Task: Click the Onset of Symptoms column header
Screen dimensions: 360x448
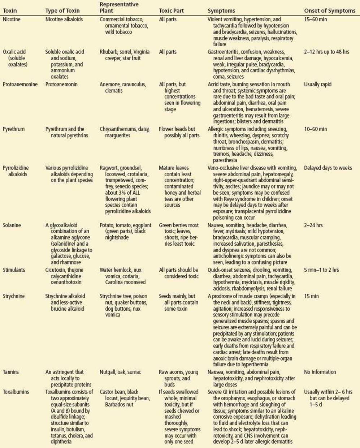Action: (x=329, y=10)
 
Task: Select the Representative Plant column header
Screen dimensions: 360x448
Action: (x=119, y=8)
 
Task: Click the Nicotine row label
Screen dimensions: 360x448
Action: (x=12, y=19)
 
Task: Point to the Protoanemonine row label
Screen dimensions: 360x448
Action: (x=20, y=84)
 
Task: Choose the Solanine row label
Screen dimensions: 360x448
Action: (x=12, y=225)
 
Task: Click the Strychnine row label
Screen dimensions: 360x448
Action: (x=14, y=296)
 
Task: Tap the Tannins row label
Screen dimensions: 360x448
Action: (x=11, y=372)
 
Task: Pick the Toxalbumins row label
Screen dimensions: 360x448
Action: (x=16, y=392)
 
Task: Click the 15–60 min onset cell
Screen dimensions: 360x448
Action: (x=315, y=19)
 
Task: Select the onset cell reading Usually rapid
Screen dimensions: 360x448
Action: (x=317, y=84)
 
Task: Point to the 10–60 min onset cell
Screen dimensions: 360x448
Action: (x=315, y=129)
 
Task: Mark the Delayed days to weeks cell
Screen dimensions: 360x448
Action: (x=328, y=168)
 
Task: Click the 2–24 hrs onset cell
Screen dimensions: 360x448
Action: (x=313, y=225)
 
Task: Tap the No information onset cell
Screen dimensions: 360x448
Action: (x=320, y=372)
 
